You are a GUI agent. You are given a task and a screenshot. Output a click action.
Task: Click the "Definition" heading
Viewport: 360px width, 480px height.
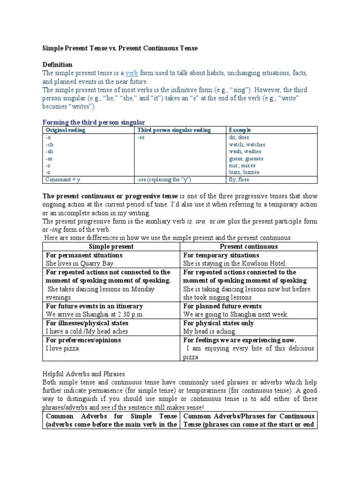58,64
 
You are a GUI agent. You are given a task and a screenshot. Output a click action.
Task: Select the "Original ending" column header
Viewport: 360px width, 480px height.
65,130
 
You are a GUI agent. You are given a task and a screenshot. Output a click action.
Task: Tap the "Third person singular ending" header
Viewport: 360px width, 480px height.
173,130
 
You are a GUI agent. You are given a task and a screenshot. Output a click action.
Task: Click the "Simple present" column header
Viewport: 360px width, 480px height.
111,247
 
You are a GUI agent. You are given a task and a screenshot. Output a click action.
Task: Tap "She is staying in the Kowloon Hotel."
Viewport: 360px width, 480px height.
235,264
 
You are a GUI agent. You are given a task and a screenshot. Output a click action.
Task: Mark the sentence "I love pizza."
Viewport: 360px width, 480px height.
63,349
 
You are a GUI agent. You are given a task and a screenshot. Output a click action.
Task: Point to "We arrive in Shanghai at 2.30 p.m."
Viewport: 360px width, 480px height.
95,315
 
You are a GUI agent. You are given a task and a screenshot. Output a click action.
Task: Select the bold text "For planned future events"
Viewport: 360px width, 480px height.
222,306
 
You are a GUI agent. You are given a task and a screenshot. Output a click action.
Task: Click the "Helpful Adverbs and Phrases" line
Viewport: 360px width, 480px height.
83,374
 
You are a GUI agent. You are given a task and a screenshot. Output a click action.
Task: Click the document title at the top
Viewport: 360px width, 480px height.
120,48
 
